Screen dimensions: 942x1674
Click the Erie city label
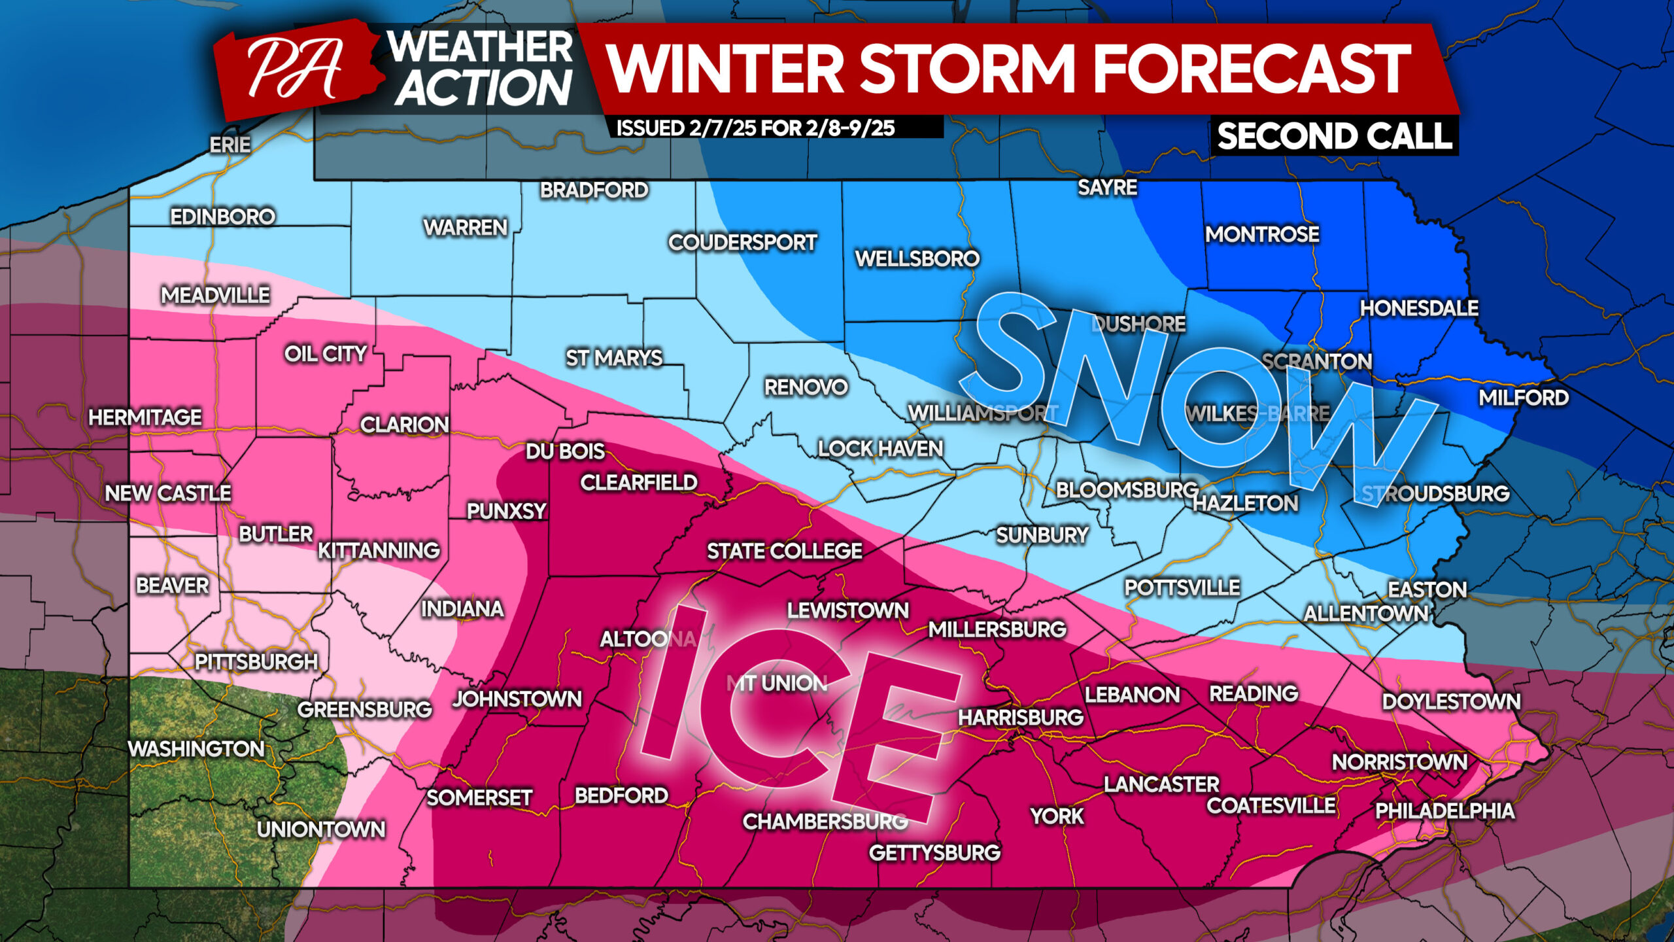[x=230, y=145]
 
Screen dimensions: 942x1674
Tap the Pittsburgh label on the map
[x=256, y=662]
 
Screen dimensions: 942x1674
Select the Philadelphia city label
[x=1444, y=811]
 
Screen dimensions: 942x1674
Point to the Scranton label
[x=1316, y=362]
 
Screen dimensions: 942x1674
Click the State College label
[x=784, y=551]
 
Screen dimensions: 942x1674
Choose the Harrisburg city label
[x=1020, y=718]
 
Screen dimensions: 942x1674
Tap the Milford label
[x=1523, y=398]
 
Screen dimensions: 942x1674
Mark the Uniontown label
[x=320, y=829]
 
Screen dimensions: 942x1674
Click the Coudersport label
[x=742, y=243]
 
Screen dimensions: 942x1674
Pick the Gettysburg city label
[x=934, y=853]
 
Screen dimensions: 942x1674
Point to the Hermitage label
[x=145, y=417]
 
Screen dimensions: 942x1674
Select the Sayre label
[x=1107, y=188]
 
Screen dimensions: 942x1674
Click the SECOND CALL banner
[x=1334, y=137]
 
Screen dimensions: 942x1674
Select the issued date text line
[x=755, y=128]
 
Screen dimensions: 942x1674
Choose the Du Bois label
[x=565, y=451]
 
